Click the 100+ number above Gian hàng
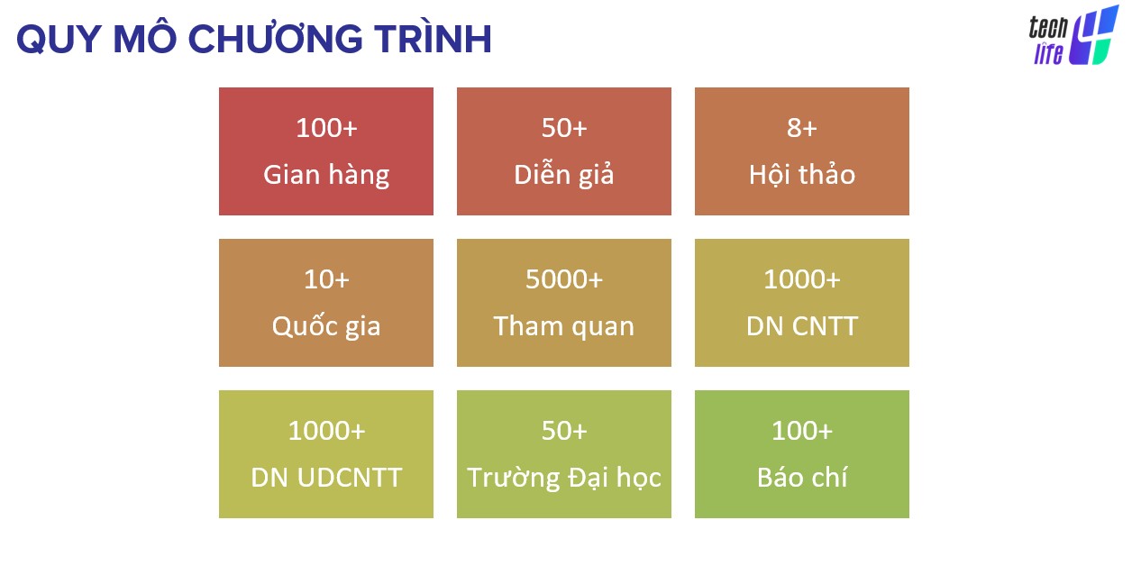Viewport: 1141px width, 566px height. click(326, 128)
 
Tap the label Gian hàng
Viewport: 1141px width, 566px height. click(326, 175)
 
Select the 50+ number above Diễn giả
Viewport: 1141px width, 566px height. click(564, 128)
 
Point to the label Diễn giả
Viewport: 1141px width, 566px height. click(564, 174)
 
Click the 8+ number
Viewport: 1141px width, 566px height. click(802, 128)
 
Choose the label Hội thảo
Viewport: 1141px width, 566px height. click(802, 175)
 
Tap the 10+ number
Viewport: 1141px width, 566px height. click(326, 279)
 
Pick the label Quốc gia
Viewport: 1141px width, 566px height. click(326, 325)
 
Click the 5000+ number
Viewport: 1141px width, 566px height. click(564, 279)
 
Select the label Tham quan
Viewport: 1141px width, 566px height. click(564, 326)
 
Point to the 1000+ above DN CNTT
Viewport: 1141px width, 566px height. click(802, 279)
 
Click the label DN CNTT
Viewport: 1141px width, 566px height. click(802, 326)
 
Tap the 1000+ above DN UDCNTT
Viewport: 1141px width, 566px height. click(326, 431)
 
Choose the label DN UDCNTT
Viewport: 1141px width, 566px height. click(326, 478)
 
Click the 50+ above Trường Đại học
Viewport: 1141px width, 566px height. click(564, 431)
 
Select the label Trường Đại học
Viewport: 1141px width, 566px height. click(564, 478)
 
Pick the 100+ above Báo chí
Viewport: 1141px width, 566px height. click(802, 431)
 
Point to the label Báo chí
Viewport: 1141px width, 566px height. click(802, 477)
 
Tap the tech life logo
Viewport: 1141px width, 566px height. click(1073, 36)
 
